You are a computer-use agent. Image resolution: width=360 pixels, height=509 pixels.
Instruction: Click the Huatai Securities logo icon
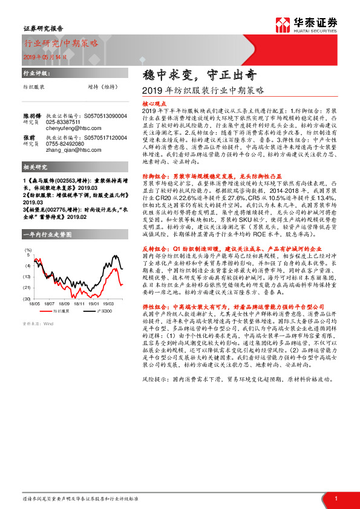point(283,24)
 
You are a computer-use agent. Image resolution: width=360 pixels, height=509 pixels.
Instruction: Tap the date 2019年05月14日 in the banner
point(46,55)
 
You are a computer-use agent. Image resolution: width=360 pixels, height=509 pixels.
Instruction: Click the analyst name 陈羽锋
point(32,115)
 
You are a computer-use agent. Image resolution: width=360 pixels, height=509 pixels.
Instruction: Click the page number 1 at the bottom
point(336,498)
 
